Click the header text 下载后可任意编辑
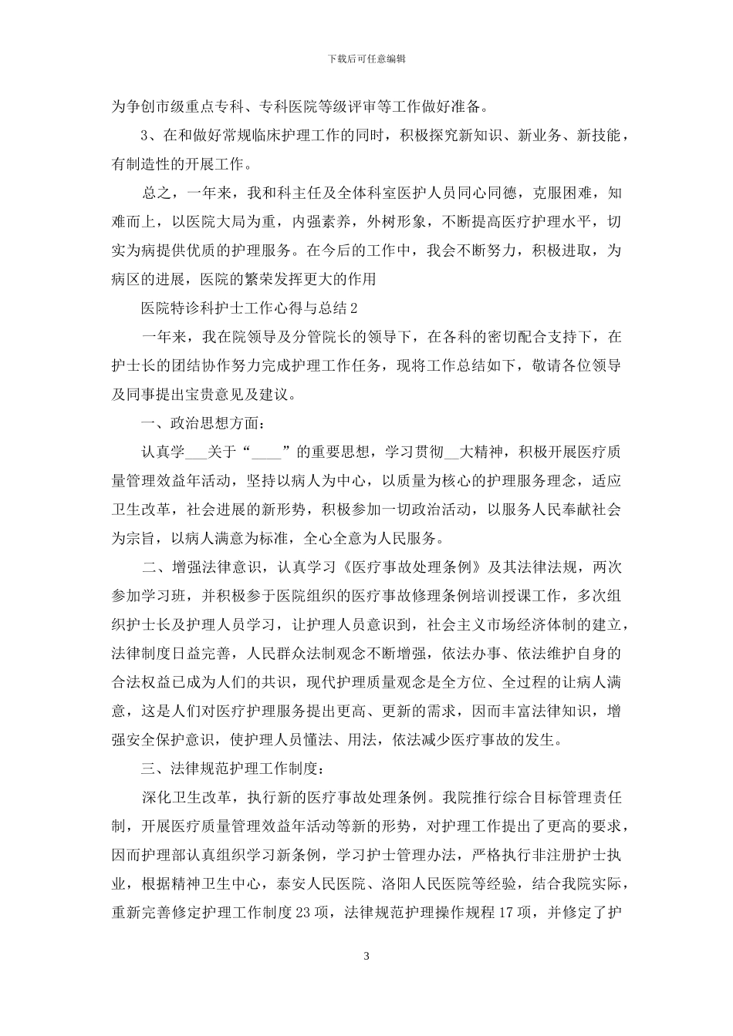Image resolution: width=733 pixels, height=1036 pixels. click(366, 58)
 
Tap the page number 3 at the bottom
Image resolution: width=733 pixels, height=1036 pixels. click(366, 956)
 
